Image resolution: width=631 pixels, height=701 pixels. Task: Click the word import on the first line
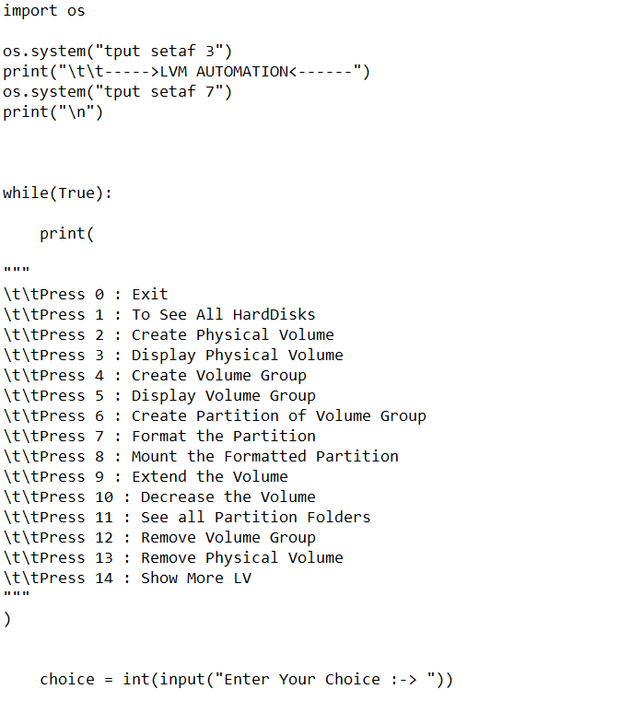29,11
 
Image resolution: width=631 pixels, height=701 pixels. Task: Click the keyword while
25,193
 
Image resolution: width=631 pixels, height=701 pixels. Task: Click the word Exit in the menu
149,295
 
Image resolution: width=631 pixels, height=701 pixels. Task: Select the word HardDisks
274,315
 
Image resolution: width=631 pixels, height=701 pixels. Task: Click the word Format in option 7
158,437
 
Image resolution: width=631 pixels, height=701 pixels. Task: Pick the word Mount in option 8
154,457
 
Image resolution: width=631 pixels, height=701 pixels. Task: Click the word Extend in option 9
158,477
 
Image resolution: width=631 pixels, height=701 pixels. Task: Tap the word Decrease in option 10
177,497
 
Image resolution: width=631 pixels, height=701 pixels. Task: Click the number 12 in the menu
103,538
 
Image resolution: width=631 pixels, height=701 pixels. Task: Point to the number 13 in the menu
103,558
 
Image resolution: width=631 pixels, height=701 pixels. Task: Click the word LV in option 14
241,578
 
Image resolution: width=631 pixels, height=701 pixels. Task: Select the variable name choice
66,680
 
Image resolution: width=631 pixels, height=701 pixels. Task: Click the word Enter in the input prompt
246,680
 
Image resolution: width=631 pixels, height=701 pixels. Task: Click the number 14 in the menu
103,578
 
